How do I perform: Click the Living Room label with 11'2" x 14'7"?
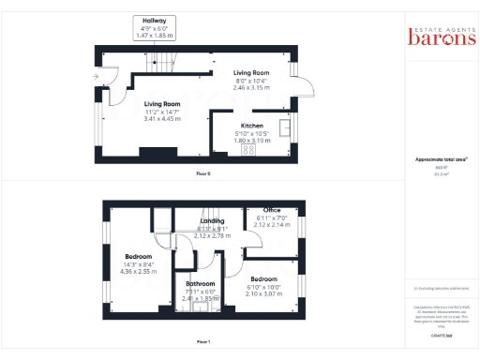161,104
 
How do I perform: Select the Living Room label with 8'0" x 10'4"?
250,72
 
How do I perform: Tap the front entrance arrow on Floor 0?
96,76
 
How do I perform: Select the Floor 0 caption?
202,173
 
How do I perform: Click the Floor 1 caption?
202,342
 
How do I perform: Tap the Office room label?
272,210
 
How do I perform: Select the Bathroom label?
200,283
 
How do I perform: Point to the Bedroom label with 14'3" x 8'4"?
139,256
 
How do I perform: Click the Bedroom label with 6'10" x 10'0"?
263,279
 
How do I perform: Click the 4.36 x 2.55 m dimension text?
139,272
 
